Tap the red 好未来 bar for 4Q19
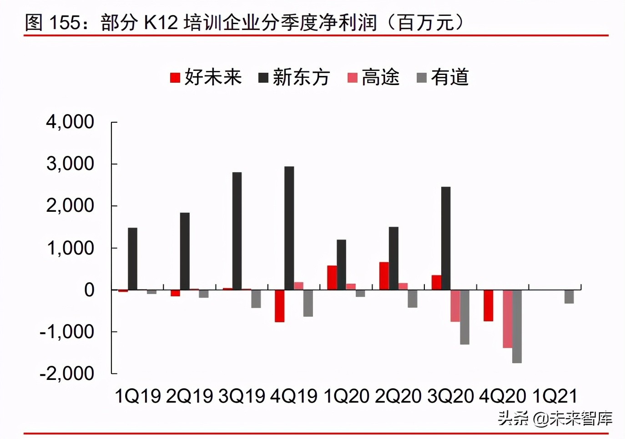tap(279, 306)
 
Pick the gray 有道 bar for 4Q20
tap(517, 326)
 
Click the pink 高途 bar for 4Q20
tap(507, 319)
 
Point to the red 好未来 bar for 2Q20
tap(384, 276)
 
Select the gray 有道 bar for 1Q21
tap(569, 297)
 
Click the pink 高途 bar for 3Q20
tap(455, 306)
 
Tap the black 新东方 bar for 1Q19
tap(132, 259)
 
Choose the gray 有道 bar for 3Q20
tap(464, 317)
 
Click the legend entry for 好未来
tap(206, 77)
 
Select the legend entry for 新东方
tap(294, 77)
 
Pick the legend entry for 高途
tap(373, 77)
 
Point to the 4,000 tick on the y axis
tap(70, 122)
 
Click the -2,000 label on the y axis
tap(67, 374)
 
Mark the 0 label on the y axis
tap(89, 290)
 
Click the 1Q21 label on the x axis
tap(554, 396)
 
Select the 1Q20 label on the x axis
tap(346, 396)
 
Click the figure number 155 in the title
tap(64, 22)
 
